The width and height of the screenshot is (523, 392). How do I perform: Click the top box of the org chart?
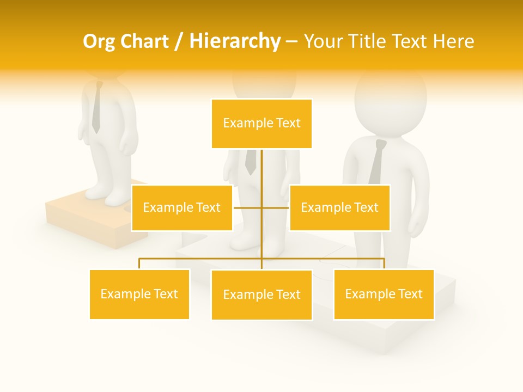261,124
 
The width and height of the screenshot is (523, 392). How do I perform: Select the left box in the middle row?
182,207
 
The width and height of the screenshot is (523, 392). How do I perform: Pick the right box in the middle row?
339,207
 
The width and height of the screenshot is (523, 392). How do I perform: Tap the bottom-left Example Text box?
139,294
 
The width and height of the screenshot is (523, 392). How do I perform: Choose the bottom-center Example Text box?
261,295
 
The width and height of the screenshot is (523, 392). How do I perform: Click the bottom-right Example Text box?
384,294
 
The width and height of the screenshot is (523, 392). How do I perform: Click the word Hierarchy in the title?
235,41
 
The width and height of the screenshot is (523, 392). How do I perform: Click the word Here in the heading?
453,41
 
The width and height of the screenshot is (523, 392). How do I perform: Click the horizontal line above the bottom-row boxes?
202,259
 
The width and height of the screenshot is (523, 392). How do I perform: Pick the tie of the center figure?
251,162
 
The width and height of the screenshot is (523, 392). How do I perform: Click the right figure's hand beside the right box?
418,226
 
